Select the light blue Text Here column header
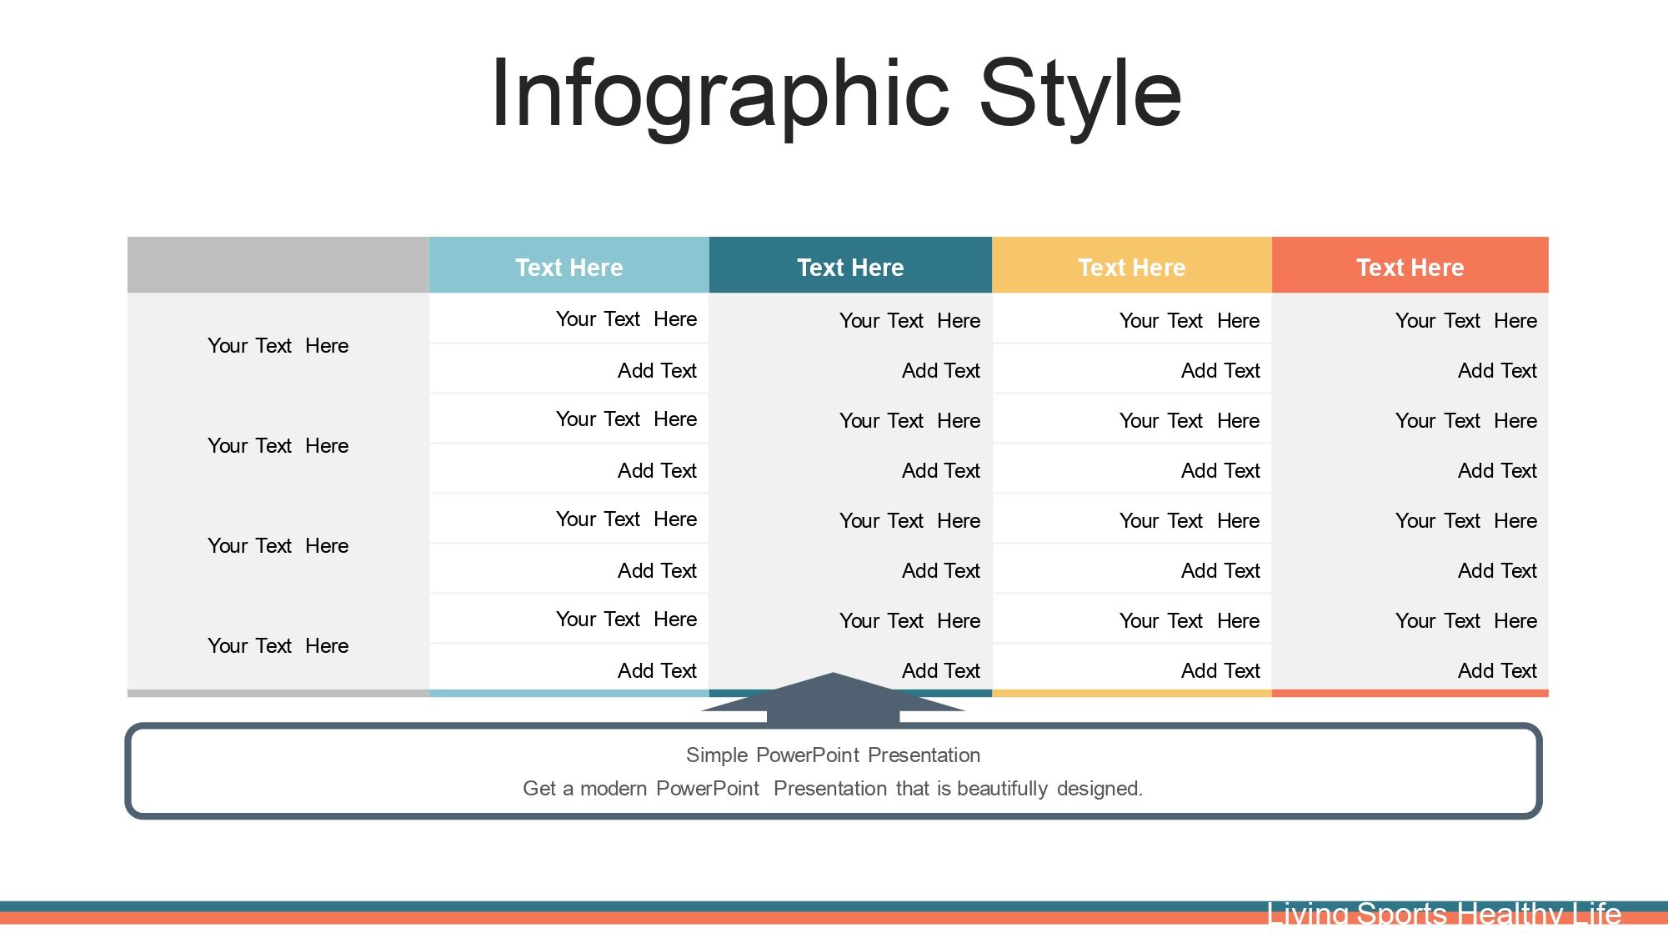tap(569, 267)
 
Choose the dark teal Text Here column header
tap(850, 267)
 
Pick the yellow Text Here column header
tap(1132, 267)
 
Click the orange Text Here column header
tap(1410, 267)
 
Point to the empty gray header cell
tap(278, 264)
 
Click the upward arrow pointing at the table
tap(833, 699)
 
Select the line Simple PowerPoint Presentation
tap(833, 755)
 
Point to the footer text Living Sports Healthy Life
tap(1444, 914)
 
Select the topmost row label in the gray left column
tap(278, 345)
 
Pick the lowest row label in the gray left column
tap(278, 645)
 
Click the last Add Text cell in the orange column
tap(1497, 670)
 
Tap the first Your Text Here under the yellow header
tap(1190, 320)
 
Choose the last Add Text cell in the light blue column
tap(657, 670)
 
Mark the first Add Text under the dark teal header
tap(941, 370)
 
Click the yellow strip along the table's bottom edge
tap(1132, 693)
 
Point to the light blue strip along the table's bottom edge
tap(569, 693)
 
